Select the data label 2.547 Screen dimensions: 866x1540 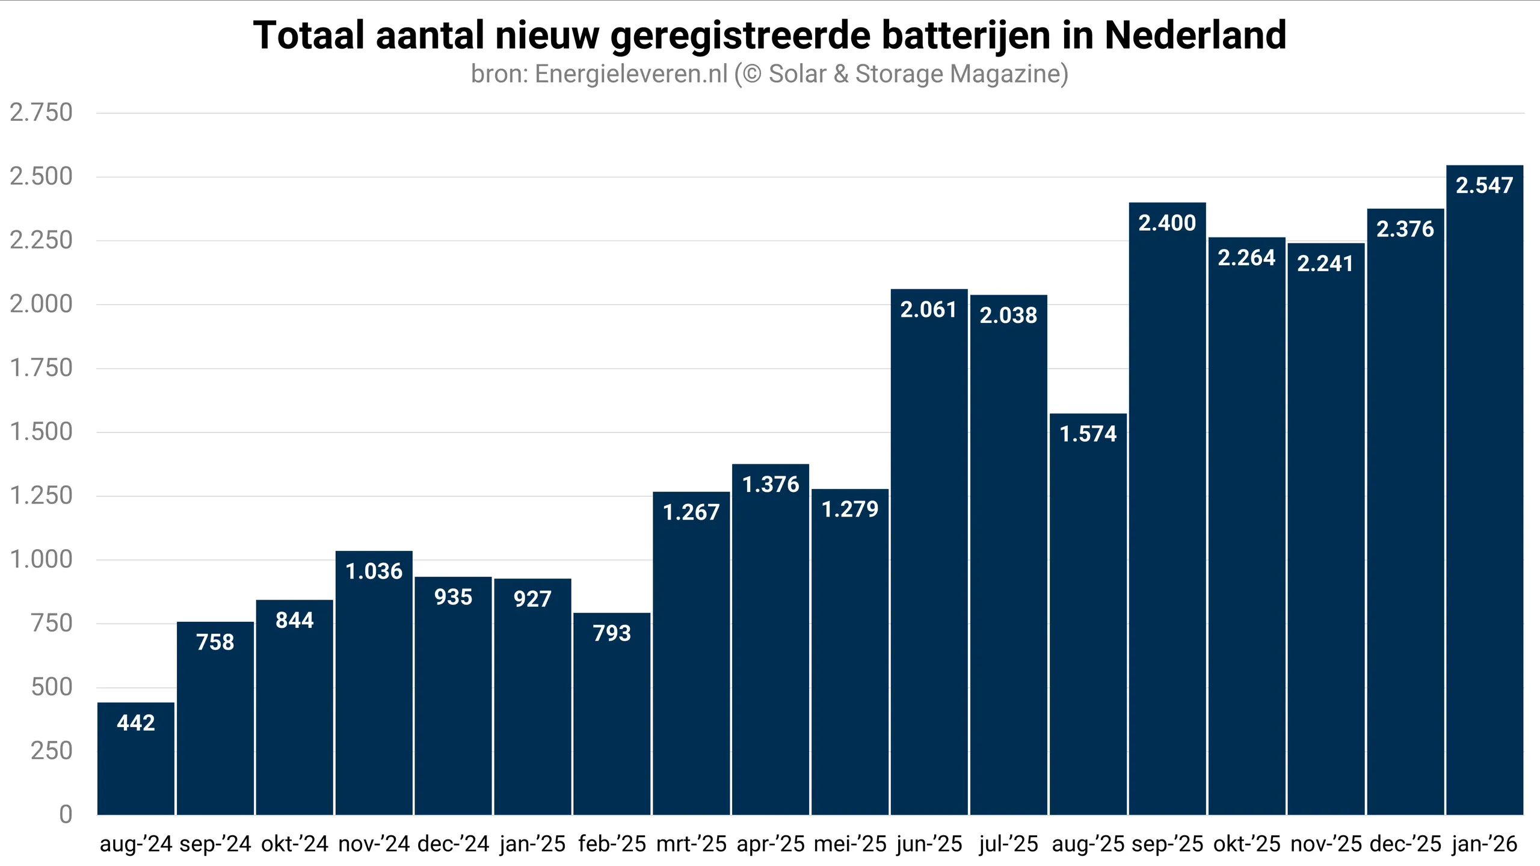tap(1484, 185)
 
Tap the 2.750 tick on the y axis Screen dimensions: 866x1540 tap(41, 113)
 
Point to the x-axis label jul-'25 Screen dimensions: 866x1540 tap(1008, 844)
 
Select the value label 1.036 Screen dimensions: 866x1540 tap(374, 571)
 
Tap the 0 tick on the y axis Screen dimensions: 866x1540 tap(66, 814)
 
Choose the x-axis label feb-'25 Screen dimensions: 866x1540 tap(612, 844)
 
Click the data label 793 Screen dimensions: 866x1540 tap(612, 633)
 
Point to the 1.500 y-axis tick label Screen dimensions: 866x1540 tap(41, 432)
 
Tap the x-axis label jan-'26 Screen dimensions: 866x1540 tap(1484, 844)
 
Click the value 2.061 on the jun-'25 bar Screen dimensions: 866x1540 tap(928, 310)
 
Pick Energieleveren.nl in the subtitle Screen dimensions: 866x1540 tap(631, 74)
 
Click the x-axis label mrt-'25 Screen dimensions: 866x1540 tap(691, 844)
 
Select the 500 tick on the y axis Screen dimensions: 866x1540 tap(52, 687)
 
